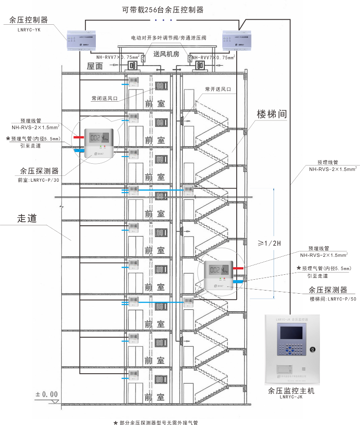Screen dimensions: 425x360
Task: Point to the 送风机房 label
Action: (166, 54)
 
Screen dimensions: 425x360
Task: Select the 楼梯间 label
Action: (272, 113)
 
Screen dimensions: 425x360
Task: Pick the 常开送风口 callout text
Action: (218, 89)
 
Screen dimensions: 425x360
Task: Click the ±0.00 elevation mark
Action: (47, 394)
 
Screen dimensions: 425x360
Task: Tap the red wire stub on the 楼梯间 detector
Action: (238, 268)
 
